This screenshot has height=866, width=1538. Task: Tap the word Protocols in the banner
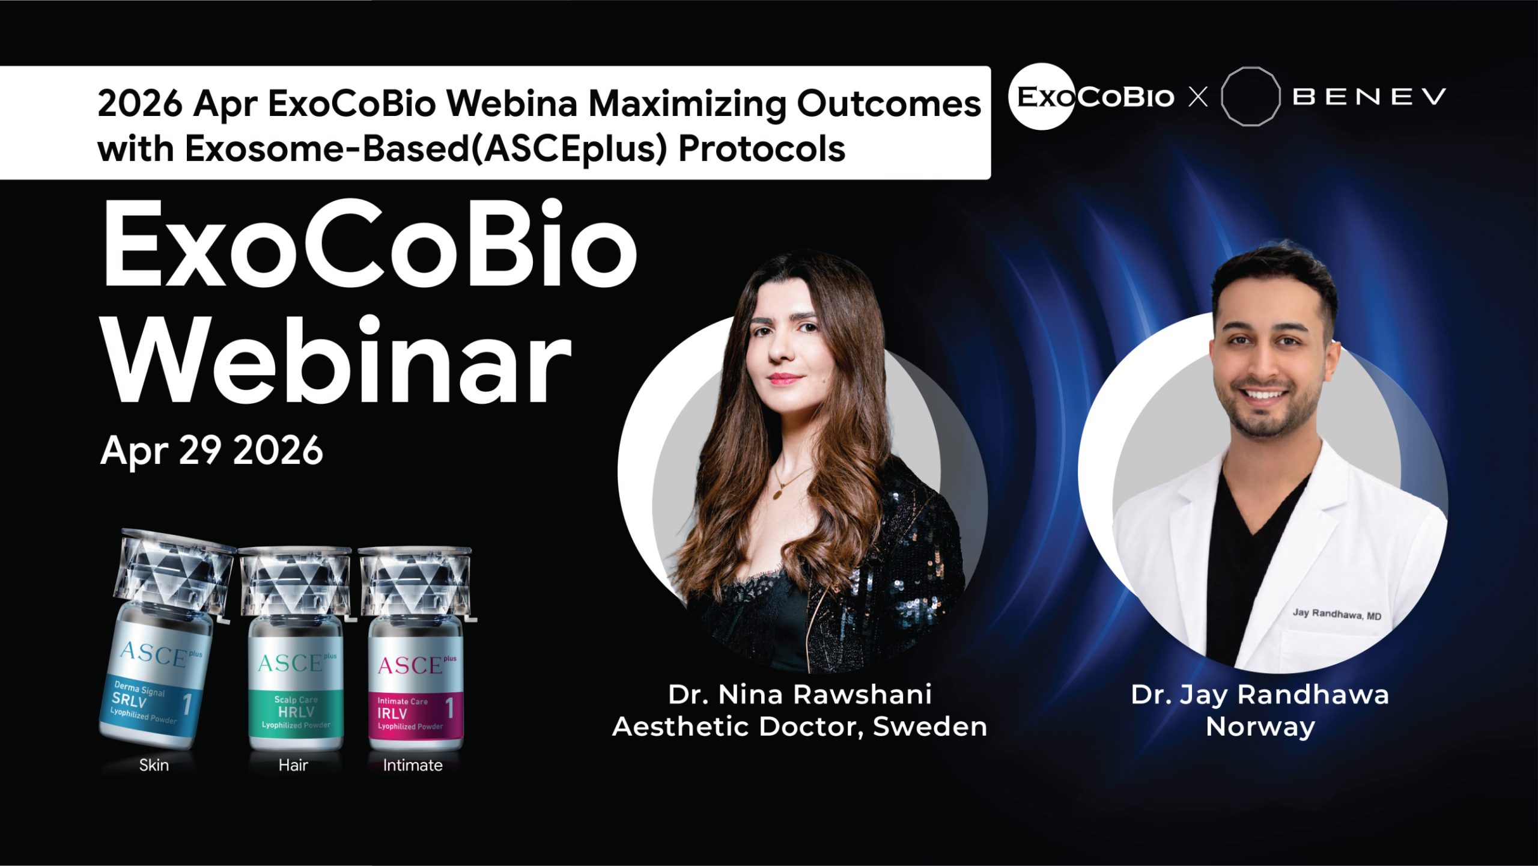tap(762, 148)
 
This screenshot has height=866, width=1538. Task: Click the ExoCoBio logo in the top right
tap(1091, 97)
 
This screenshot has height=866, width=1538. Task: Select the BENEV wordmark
tap(1369, 97)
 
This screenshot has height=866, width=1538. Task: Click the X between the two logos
tap(1199, 97)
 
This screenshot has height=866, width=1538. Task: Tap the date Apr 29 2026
tap(211, 451)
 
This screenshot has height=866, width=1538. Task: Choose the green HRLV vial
tap(296, 648)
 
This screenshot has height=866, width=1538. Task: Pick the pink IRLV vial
tap(416, 648)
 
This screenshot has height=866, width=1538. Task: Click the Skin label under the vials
tap(154, 765)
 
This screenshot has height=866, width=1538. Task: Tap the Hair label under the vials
tap(293, 765)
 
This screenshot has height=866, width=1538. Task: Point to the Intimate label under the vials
tap(413, 765)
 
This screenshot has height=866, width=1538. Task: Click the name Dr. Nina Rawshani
tap(800, 695)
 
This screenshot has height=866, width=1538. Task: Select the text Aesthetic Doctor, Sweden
tap(800, 727)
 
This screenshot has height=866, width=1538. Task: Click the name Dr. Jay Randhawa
tap(1260, 695)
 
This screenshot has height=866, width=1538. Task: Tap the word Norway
tap(1260, 727)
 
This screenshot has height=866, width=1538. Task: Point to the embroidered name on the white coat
tap(1337, 614)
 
